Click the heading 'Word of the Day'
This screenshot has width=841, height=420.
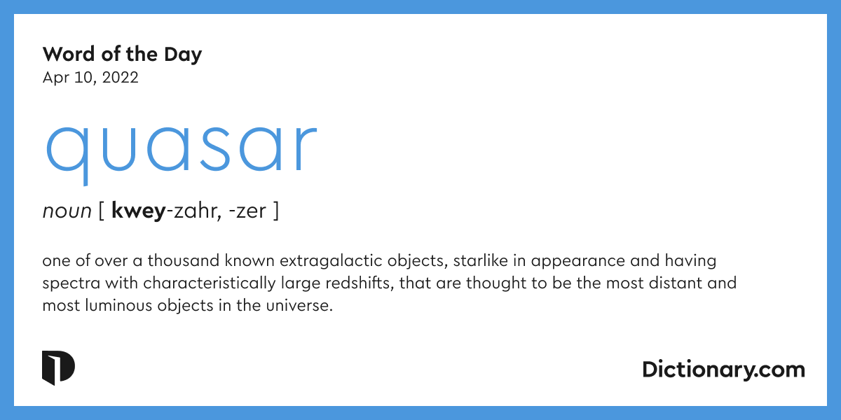[122, 55]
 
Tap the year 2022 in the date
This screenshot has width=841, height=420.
[120, 77]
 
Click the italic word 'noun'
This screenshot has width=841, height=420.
[67, 211]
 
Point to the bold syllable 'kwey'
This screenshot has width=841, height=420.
[139, 211]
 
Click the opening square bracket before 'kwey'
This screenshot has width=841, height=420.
[101, 211]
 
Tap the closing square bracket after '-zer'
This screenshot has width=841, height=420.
[276, 211]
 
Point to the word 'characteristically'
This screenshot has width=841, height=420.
[209, 283]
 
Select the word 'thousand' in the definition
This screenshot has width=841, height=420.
[184, 260]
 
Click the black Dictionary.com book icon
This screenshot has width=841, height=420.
[59, 368]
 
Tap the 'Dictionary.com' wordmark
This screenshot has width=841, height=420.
[723, 370]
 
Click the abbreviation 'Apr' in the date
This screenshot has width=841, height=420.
[56, 78]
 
